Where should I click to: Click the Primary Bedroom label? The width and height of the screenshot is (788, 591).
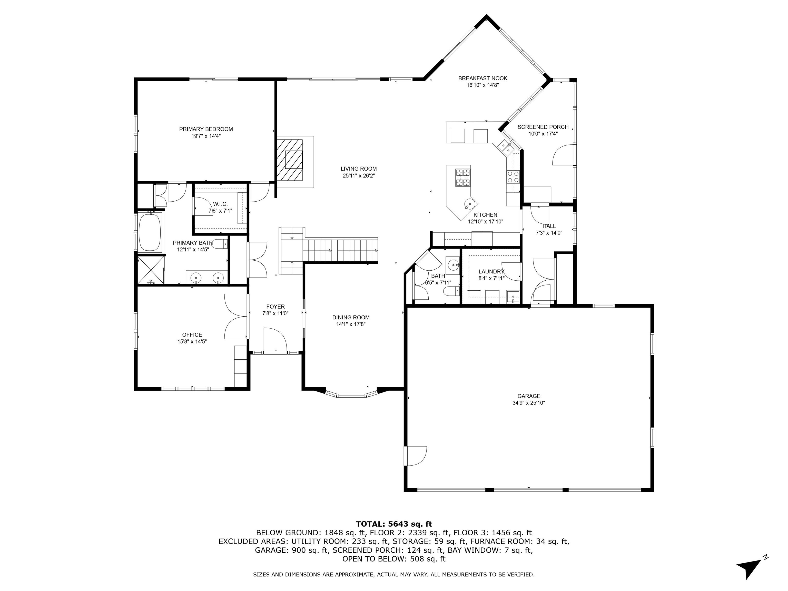(206, 129)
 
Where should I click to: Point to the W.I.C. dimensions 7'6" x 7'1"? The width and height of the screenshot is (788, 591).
(220, 211)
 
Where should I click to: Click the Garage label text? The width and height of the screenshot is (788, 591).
(529, 396)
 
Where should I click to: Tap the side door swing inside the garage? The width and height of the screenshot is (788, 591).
(415, 456)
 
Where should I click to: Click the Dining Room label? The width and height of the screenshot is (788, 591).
(351, 317)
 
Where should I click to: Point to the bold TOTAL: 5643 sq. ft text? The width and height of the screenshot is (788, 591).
(394, 524)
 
